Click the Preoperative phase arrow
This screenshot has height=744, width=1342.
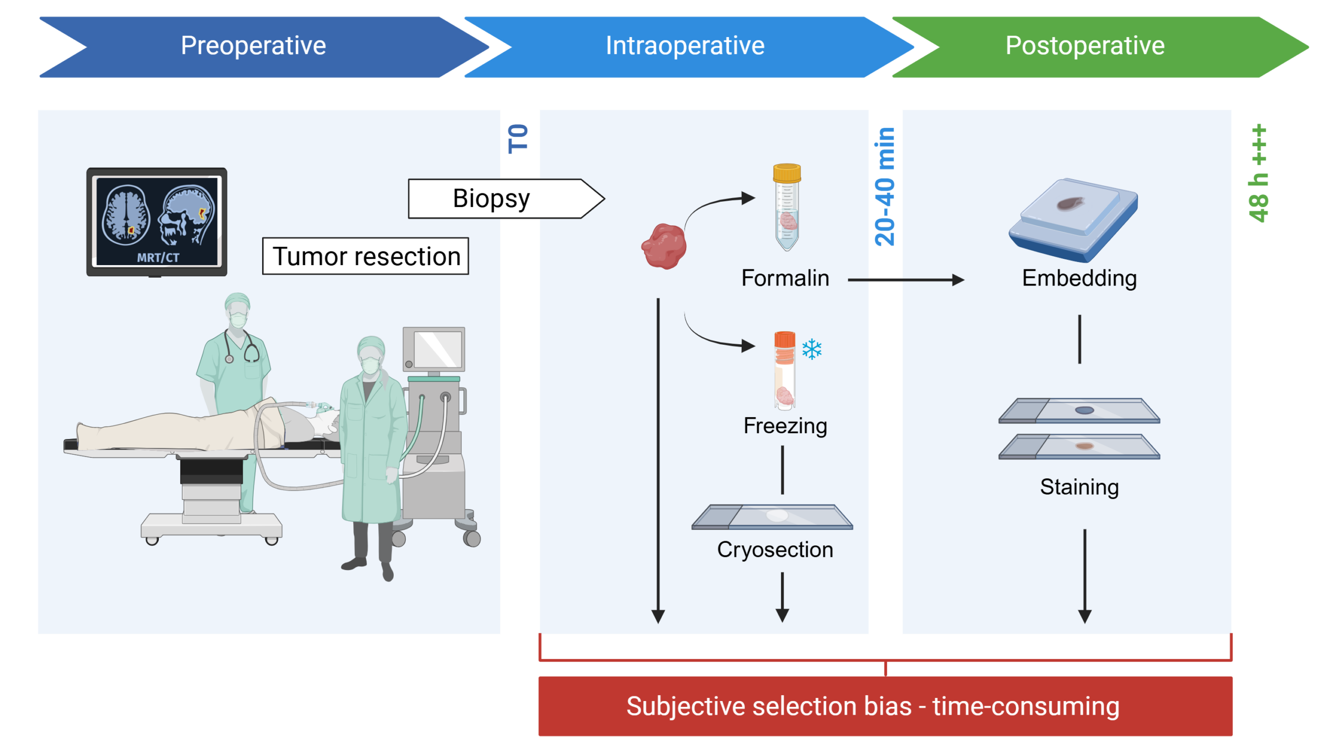[x=262, y=47]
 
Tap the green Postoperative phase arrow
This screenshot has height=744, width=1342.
[x=1101, y=47]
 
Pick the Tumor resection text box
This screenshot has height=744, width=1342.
[x=365, y=256]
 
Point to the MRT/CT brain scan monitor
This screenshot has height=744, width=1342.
[x=157, y=222]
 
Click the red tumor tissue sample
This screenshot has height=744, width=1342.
[x=664, y=246]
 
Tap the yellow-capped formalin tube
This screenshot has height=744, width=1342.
[x=786, y=207]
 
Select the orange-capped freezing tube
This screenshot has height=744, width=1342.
[x=784, y=370]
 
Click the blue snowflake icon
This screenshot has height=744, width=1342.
[x=811, y=349]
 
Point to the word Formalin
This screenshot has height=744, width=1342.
[x=785, y=278]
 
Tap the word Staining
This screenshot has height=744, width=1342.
[x=1079, y=487]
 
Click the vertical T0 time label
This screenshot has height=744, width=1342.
[x=518, y=139]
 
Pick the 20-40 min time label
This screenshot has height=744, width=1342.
[x=884, y=187]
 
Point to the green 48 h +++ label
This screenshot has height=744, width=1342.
[x=1258, y=173]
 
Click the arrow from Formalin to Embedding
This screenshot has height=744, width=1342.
[x=906, y=280]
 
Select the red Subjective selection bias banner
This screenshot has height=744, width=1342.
[x=885, y=706]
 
